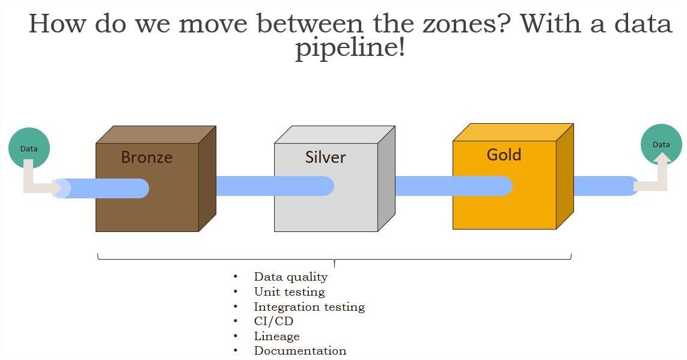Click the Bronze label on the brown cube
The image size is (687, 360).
(147, 157)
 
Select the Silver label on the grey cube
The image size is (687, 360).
(326, 157)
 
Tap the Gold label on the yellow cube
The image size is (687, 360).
(504, 154)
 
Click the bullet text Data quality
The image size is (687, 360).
(291, 277)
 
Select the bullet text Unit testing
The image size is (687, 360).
(289, 292)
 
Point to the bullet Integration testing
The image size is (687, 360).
(309, 307)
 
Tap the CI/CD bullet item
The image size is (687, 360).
(273, 322)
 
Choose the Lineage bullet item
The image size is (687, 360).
(276, 337)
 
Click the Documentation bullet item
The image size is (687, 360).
(300, 351)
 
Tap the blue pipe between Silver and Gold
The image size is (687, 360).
(424, 186)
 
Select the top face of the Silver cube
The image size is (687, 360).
(334, 135)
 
